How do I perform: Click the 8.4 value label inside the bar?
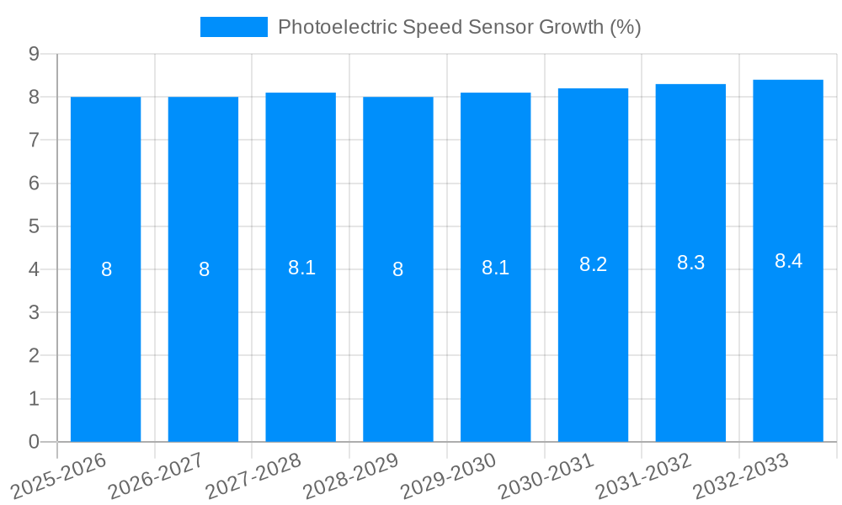pyautogui.click(x=788, y=261)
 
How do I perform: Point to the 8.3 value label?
pyautogui.click(x=690, y=263)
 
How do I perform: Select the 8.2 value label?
pyautogui.click(x=593, y=264)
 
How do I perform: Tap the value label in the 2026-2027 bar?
pyautogui.click(x=204, y=269)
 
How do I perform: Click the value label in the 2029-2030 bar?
pyautogui.click(x=495, y=268)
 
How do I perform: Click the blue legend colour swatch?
pyautogui.click(x=233, y=27)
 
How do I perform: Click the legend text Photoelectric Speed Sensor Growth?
pyautogui.click(x=459, y=27)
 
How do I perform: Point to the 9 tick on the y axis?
pyautogui.click(x=34, y=54)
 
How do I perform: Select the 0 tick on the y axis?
pyautogui.click(x=34, y=442)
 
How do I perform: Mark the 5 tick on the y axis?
pyautogui.click(x=34, y=226)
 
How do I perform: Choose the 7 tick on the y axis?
pyautogui.click(x=34, y=140)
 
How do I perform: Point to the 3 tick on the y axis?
pyautogui.click(x=34, y=312)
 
